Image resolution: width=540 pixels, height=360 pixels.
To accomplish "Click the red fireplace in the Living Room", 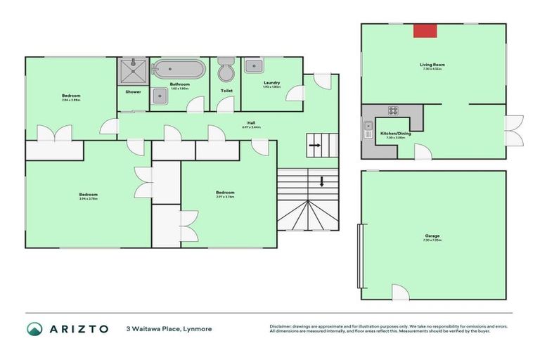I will [x=425, y=30].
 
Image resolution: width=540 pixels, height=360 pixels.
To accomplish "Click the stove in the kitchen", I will [x=393, y=110].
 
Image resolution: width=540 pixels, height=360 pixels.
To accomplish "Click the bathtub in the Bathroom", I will [x=179, y=70].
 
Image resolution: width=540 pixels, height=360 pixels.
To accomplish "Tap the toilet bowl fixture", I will [x=226, y=71].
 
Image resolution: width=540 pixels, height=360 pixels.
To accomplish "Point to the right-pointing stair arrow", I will [x=315, y=146].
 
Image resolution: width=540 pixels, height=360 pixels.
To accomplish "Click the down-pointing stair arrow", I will [x=322, y=182].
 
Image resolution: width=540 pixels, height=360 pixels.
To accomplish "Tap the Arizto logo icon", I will [x=35, y=328].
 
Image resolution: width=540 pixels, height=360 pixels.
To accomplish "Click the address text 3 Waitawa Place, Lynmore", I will [x=169, y=328].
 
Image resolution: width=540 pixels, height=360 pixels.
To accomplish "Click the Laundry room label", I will [x=271, y=83].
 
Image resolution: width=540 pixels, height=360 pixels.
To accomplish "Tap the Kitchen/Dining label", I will [x=396, y=134].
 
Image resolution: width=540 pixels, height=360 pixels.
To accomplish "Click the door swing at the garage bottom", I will [x=399, y=291].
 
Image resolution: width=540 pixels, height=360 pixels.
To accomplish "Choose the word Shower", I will [x=133, y=91].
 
